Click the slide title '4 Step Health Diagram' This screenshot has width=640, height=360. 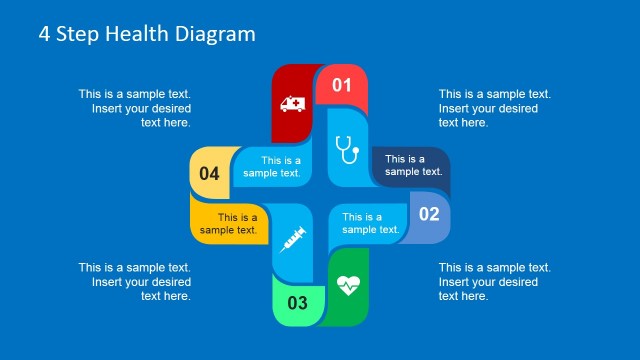pyautogui.click(x=147, y=34)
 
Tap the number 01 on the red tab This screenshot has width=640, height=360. pyautogui.click(x=342, y=85)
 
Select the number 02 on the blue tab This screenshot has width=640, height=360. pyautogui.click(x=428, y=214)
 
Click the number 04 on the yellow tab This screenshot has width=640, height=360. pyautogui.click(x=209, y=174)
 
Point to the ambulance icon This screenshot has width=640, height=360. pyautogui.click(x=294, y=104)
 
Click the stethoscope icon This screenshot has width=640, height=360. pyautogui.click(x=346, y=150)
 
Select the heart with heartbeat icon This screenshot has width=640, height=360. pyautogui.click(x=348, y=285)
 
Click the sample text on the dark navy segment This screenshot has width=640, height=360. pyautogui.click(x=413, y=165)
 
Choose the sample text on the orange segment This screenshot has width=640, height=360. pyautogui.click(x=229, y=224)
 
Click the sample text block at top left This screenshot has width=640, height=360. pyautogui.click(x=135, y=108)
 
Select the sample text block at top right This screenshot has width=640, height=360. pyautogui.click(x=495, y=108)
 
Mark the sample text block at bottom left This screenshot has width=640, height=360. pyautogui.click(x=135, y=281)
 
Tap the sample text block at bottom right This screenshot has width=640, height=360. pyautogui.click(x=495, y=281)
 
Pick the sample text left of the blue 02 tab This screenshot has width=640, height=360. pyautogui.click(x=371, y=223)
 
